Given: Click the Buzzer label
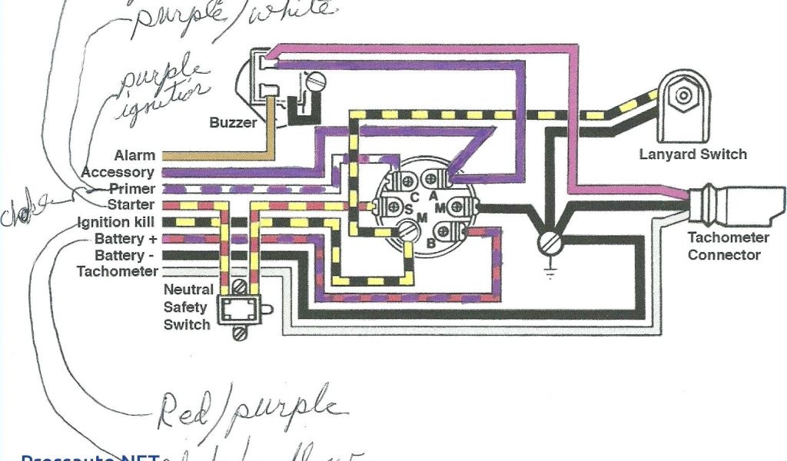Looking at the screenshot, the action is pos(234,122).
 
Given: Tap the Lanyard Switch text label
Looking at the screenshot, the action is pos(692,154).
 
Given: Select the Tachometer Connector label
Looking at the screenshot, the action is pos(724,246).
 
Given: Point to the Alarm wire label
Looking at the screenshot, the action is pos(134,156).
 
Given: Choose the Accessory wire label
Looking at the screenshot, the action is pos(118,172).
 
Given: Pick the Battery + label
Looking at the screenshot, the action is pos(124,239).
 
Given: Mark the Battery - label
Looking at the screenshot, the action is pos(124,255).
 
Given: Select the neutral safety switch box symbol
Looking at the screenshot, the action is pos(239,310).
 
